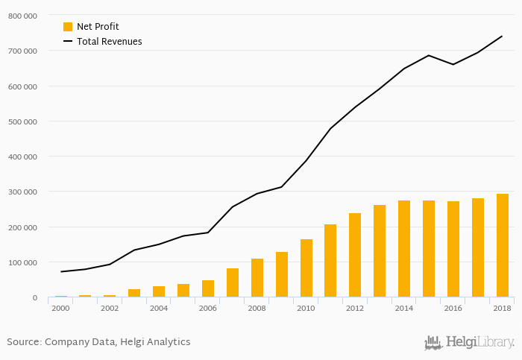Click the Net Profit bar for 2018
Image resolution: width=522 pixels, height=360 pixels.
pos(502,246)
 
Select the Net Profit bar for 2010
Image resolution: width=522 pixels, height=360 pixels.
pos(306,268)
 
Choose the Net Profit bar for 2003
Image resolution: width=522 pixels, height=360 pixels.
pos(134,293)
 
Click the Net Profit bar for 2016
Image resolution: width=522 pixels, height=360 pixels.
pos(453,250)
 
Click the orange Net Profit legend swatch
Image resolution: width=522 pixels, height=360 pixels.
pos(68,27)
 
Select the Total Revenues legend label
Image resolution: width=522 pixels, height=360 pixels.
pos(109,42)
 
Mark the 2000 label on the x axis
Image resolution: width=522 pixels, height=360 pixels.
pos(61,308)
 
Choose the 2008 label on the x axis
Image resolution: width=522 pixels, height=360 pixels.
pos(257,308)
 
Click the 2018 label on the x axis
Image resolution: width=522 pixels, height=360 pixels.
pos(502,308)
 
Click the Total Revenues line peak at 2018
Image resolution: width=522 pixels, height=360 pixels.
pos(502,36)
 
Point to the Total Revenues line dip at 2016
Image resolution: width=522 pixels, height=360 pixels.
pos(453,64)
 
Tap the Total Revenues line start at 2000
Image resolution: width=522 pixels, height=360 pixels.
pos(61,271)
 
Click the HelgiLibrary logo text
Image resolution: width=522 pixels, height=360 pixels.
pos(479,343)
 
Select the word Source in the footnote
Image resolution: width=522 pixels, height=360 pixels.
pos(23,342)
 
